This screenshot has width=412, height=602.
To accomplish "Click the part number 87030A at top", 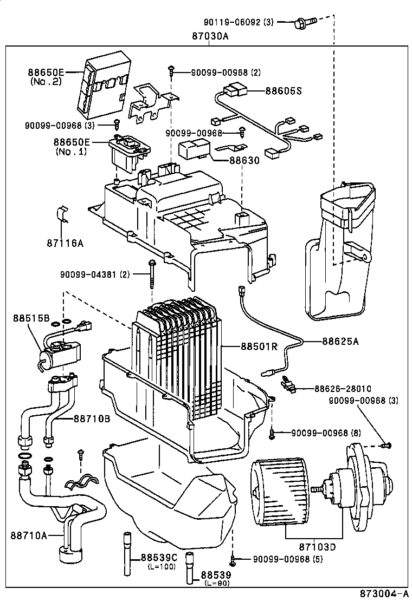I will pyautogui.click(x=210, y=36).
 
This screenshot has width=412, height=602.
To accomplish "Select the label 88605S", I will pyautogui.click(x=283, y=91).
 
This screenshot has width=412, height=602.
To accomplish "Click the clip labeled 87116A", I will pyautogui.click(x=62, y=215).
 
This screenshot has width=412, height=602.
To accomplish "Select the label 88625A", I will pyautogui.click(x=340, y=341).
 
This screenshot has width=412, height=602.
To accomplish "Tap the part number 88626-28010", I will pyautogui.click(x=343, y=389).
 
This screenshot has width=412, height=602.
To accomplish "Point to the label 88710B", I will pyautogui.click(x=92, y=418).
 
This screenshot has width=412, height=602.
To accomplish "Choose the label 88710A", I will pyautogui.click(x=28, y=535).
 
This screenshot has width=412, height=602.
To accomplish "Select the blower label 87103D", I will pyautogui.click(x=318, y=547).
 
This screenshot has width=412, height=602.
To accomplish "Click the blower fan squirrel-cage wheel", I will pyautogui.click(x=278, y=493).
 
